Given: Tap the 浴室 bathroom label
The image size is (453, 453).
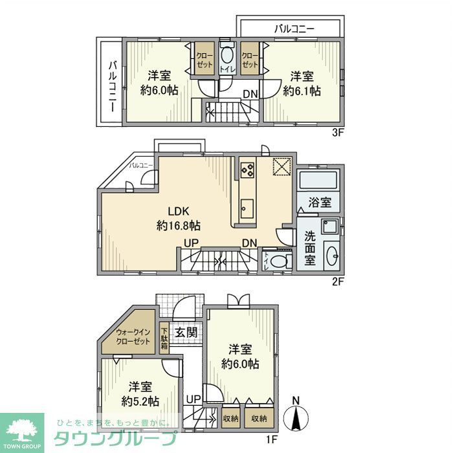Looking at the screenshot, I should pos(320,202).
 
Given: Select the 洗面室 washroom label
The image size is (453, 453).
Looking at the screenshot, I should pos(310,247).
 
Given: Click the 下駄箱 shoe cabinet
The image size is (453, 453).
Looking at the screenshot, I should pos(164,337).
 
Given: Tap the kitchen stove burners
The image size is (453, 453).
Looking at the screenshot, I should pos(247,170).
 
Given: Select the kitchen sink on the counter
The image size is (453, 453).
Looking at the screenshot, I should pos(247,208).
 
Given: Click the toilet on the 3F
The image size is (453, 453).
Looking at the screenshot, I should pos(227,58).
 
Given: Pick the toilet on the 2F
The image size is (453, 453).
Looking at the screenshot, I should pos(279,261).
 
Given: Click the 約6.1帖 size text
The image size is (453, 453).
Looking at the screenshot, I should pos(302,91).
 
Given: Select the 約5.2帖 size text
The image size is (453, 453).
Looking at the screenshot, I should pos(141,401).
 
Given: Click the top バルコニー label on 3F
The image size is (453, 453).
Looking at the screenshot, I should pos(294,29).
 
